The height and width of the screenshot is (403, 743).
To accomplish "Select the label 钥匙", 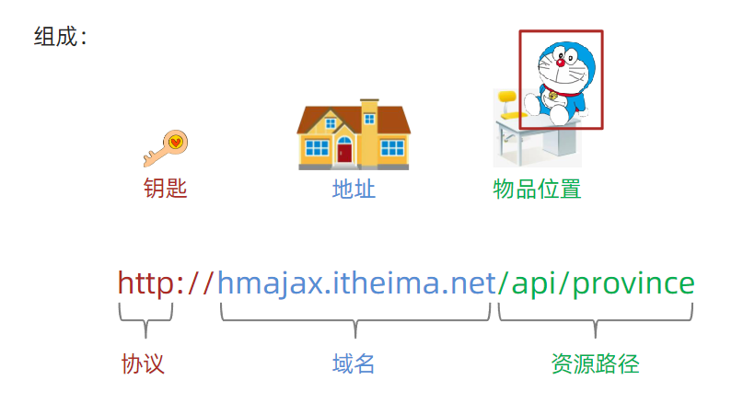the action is pos(166,190).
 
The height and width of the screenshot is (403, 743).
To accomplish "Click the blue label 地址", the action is pos(354,190).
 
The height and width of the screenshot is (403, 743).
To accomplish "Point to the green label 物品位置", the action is pos(537,190).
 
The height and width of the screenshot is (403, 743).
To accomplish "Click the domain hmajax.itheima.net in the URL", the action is pos(356,282).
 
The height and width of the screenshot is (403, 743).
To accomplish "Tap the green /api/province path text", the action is pos(596,282).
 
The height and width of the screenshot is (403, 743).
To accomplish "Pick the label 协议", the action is pos(143,363).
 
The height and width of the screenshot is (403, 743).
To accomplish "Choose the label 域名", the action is pos(354,363).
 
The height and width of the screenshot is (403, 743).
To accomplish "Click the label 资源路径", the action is pos(595,363).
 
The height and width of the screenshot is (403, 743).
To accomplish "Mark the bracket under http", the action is pos(145,317).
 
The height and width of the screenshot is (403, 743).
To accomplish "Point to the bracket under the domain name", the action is pos(355,318).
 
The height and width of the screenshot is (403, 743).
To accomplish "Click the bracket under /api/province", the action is pos(596,318).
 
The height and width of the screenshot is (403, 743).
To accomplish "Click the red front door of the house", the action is pos(344,151).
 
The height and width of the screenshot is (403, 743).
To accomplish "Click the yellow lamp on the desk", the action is pos(507,99).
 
